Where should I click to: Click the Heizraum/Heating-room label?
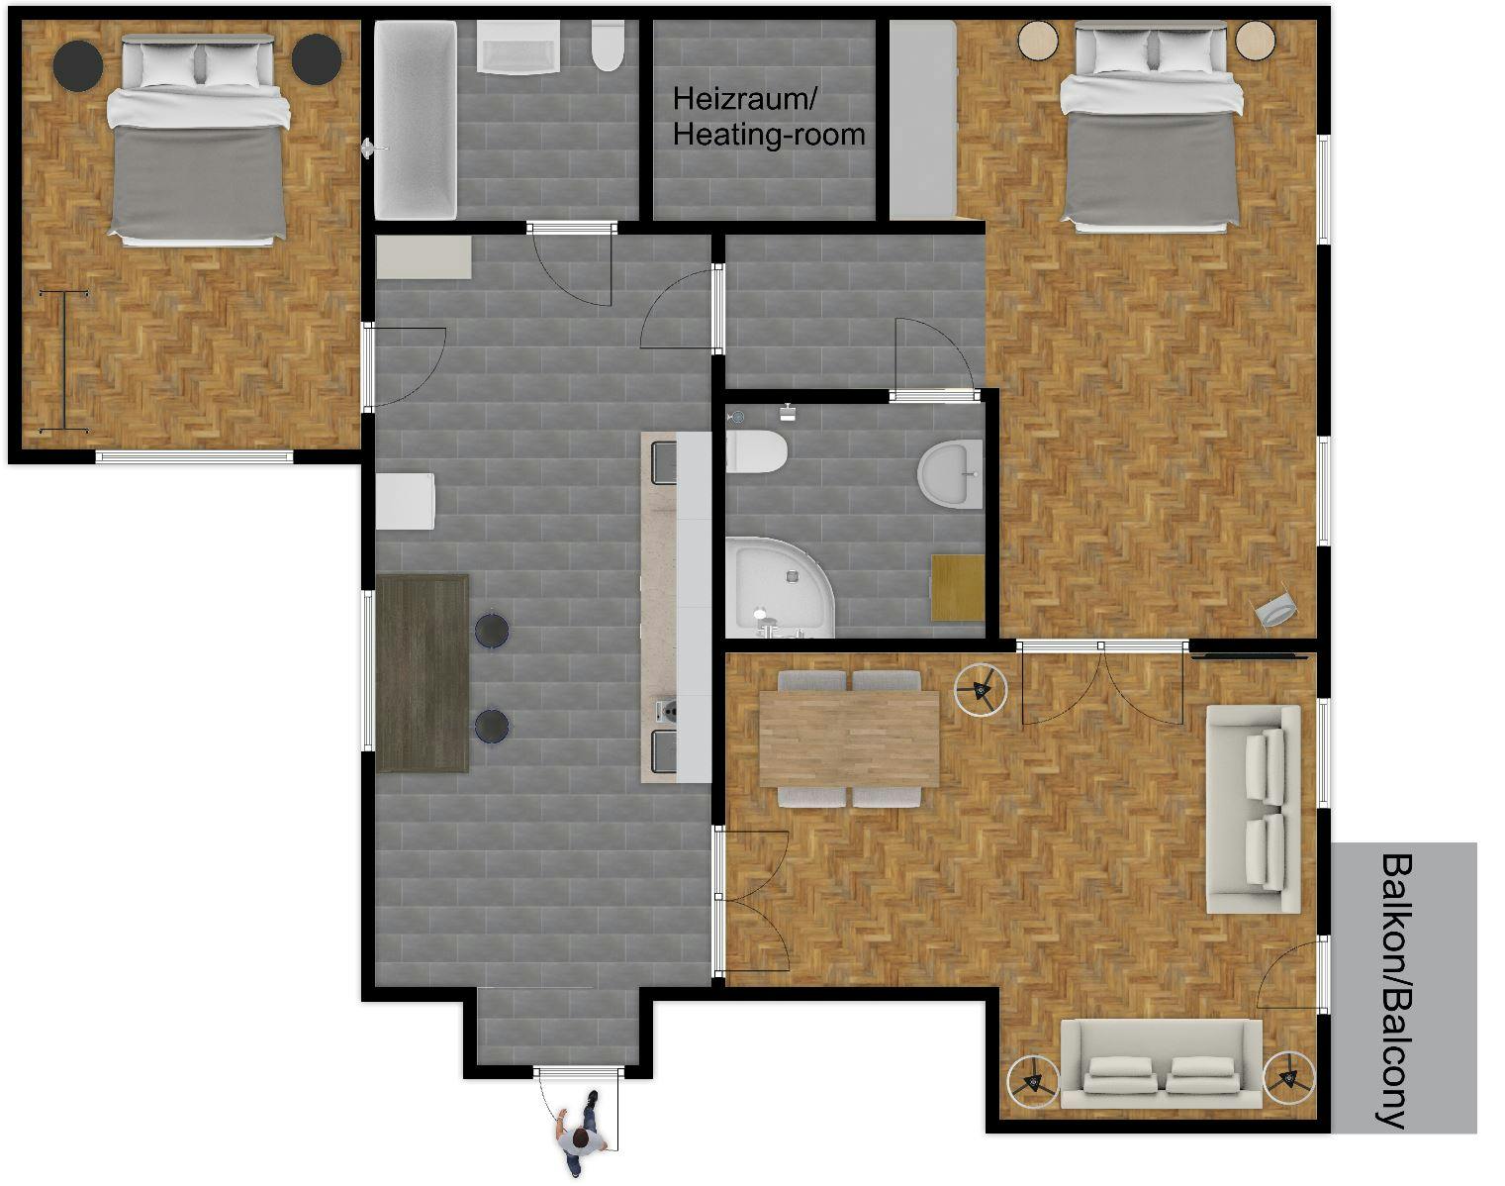[x=769, y=116]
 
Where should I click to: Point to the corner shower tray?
[x=778, y=586]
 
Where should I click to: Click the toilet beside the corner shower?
[x=756, y=453]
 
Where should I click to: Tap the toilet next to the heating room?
[x=608, y=47]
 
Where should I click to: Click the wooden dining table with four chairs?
[x=848, y=738]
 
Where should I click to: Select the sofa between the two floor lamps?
[x=1160, y=1065]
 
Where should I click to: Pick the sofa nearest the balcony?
[x=1253, y=808]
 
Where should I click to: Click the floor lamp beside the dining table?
[x=981, y=689]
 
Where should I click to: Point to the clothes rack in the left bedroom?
[x=64, y=361]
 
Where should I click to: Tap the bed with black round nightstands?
[x=197, y=139]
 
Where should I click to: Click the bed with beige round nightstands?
[x=1150, y=127]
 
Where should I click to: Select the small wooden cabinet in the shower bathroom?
[x=957, y=587]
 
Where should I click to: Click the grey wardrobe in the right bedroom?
[x=921, y=120]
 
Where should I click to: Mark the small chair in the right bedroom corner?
[x=1276, y=610]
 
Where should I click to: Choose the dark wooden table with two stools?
[x=423, y=673]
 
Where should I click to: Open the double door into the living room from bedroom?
[x=1102, y=683]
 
